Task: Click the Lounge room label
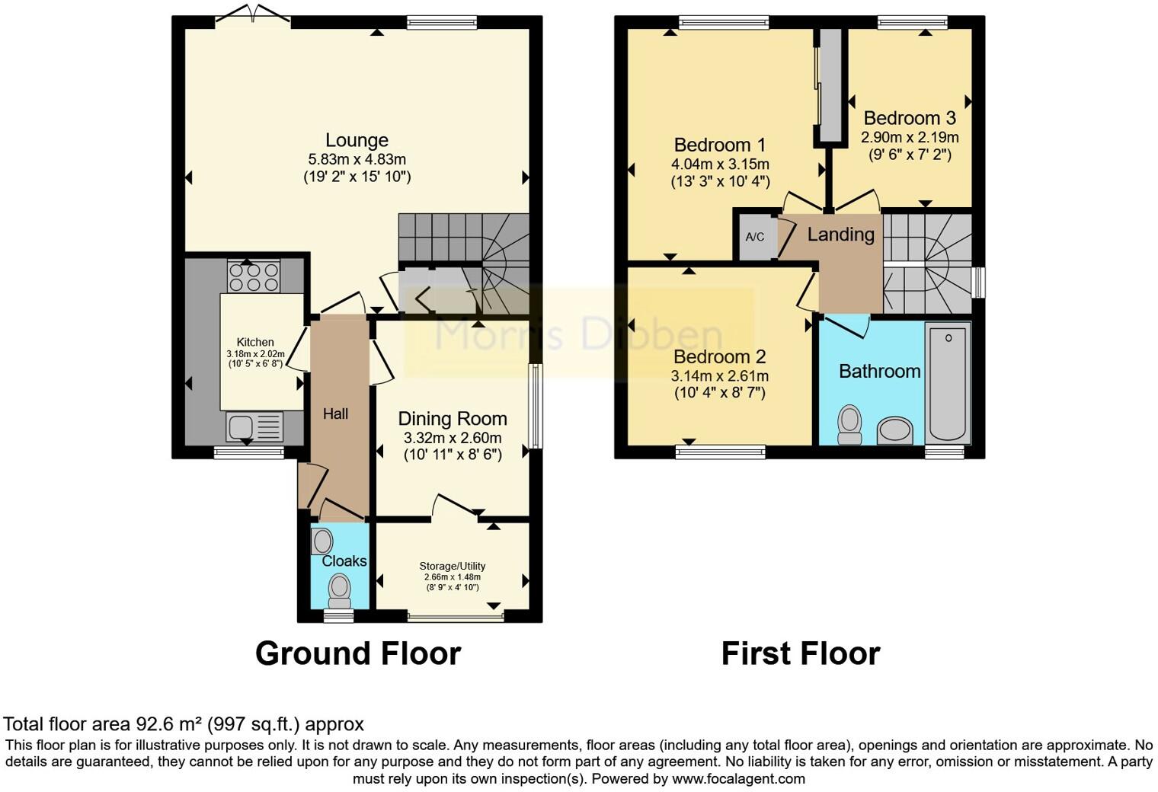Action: click(x=357, y=140)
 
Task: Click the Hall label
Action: click(x=335, y=414)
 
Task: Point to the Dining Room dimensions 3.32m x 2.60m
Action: click(x=453, y=438)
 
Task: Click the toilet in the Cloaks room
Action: click(x=339, y=589)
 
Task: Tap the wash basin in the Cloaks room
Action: click(x=323, y=541)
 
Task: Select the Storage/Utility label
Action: click(x=452, y=566)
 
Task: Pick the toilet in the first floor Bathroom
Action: click(x=849, y=424)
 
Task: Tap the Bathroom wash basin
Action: click(x=894, y=430)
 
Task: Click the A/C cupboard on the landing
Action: click(x=754, y=237)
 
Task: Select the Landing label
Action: click(x=840, y=235)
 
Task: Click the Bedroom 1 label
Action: click(x=720, y=145)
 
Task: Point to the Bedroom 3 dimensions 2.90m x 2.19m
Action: click(x=910, y=138)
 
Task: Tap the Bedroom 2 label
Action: click(x=719, y=356)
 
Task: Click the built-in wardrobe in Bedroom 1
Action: click(x=829, y=85)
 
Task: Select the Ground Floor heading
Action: click(x=357, y=653)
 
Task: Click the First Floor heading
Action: click(x=800, y=653)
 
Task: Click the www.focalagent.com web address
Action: click(x=738, y=778)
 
